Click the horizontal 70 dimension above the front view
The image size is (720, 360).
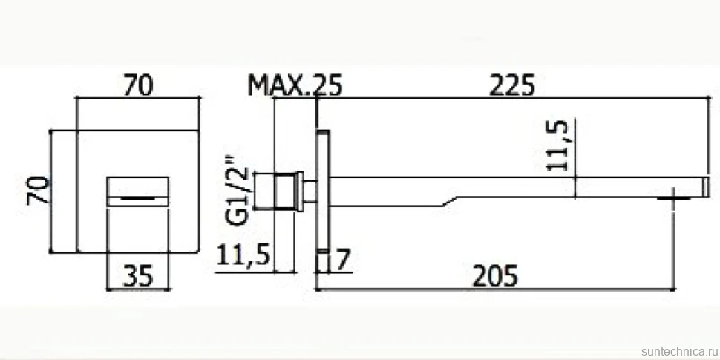point(138,86)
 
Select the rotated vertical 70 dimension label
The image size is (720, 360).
point(38,189)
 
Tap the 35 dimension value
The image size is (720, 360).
point(138,276)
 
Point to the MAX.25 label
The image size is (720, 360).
point(295,86)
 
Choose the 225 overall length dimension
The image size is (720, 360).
point(512,86)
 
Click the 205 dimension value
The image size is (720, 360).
point(495,276)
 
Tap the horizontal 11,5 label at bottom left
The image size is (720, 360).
point(243,255)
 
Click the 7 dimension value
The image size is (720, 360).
point(344,261)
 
